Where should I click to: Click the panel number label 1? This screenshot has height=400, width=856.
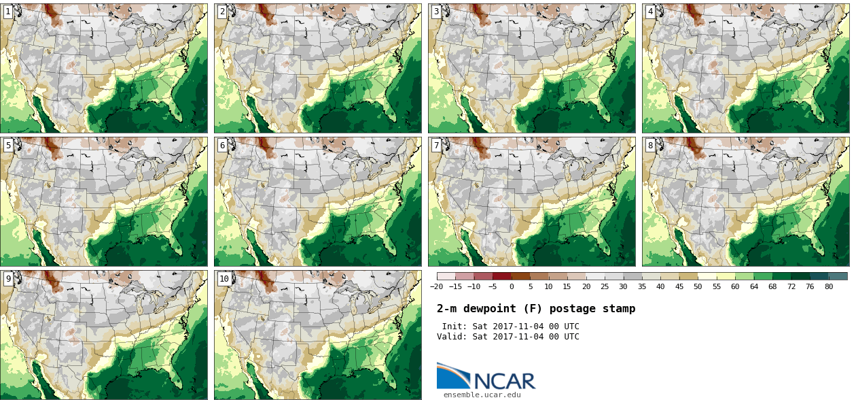[8, 12]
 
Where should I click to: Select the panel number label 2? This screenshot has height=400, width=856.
[222, 12]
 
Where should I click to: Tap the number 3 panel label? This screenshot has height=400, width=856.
[436, 12]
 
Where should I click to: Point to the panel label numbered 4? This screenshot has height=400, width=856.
[650, 12]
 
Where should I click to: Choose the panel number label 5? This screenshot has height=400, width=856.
[8, 145]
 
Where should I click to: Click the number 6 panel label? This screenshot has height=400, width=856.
[222, 145]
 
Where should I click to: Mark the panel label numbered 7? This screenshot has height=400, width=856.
[436, 145]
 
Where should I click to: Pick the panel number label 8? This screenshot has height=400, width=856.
[650, 145]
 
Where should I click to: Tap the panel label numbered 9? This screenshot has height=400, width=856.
[8, 278]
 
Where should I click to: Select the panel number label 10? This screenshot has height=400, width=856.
[224, 278]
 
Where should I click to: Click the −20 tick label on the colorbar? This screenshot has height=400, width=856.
[437, 287]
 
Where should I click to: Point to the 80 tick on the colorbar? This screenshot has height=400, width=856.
[829, 287]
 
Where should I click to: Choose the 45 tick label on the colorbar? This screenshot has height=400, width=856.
[679, 287]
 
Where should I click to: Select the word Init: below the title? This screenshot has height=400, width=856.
[454, 327]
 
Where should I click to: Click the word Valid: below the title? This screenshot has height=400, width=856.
[452, 337]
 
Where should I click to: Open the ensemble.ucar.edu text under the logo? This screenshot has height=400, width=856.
[482, 395]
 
